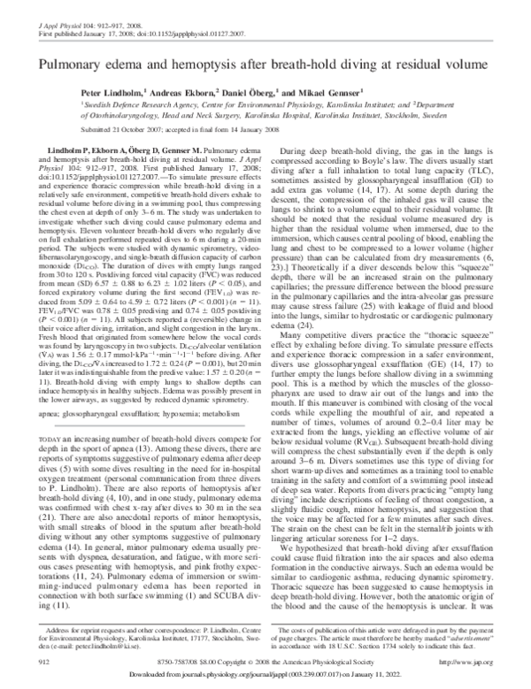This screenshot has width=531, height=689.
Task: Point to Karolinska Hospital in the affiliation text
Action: [x=353, y=112]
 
